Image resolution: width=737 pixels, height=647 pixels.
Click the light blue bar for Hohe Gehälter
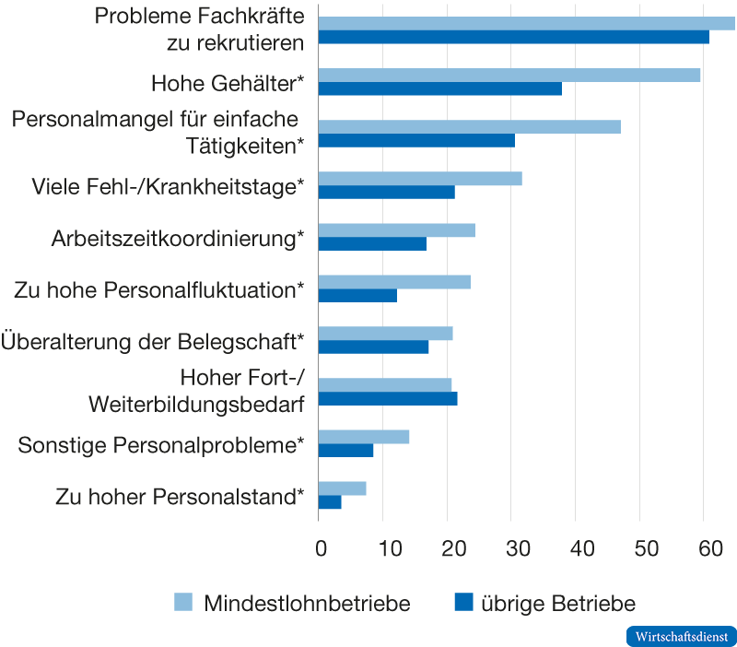[509, 75]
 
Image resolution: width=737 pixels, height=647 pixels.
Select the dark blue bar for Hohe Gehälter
[439, 89]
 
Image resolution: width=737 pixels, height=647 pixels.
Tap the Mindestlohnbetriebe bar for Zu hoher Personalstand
[342, 488]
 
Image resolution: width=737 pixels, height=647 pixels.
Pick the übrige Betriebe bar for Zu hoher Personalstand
[330, 502]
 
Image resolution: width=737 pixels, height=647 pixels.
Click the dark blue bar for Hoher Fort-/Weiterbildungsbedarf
[388, 399]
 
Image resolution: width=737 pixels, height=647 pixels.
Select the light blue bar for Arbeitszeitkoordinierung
[396, 230]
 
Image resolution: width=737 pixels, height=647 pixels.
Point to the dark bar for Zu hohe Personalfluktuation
[357, 296]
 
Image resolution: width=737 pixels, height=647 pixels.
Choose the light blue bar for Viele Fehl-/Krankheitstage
[420, 179]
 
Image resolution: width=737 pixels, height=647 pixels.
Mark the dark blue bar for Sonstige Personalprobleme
[346, 451]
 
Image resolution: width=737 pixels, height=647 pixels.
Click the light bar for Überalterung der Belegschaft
[385, 334]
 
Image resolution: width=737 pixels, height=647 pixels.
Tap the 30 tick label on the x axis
[513, 549]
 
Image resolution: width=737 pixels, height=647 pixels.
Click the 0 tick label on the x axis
[320, 549]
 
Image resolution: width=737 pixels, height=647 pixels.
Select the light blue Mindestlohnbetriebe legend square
[183, 603]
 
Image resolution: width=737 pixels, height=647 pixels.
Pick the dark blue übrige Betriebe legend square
[464, 603]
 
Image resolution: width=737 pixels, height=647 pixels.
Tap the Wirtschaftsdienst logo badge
[681, 636]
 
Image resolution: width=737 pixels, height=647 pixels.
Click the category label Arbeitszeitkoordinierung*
[178, 239]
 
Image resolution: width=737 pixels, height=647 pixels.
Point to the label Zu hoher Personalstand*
[180, 497]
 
